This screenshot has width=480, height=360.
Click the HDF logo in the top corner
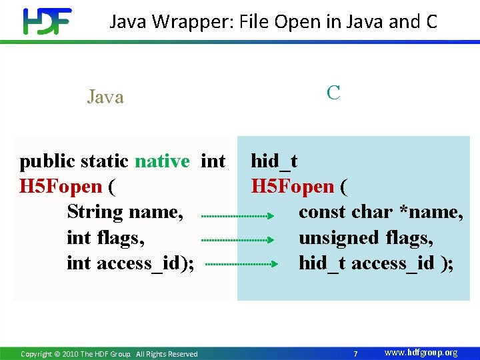tap(47, 21)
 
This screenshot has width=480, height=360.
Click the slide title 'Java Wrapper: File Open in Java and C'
tap(273, 22)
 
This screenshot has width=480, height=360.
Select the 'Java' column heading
tap(105, 97)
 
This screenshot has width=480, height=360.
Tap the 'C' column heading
tap(333, 93)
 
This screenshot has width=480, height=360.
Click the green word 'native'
tap(162, 161)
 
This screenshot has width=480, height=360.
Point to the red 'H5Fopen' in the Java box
tap(61, 187)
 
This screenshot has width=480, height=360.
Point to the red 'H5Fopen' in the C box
tap(292, 187)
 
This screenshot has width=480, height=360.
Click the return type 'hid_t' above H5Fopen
tap(274, 161)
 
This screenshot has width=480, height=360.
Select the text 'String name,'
tap(125, 212)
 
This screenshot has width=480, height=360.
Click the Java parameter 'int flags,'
tap(105, 237)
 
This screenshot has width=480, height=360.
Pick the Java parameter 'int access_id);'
tap(131, 263)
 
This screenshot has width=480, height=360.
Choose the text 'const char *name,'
tap(381, 212)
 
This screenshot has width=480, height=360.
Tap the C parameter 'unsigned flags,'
tap(366, 237)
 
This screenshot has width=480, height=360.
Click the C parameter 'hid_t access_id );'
tap(376, 263)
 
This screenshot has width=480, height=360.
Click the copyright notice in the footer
tap(109, 354)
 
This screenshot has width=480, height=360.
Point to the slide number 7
tap(356, 353)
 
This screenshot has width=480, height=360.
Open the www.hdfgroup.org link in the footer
tap(421, 353)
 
